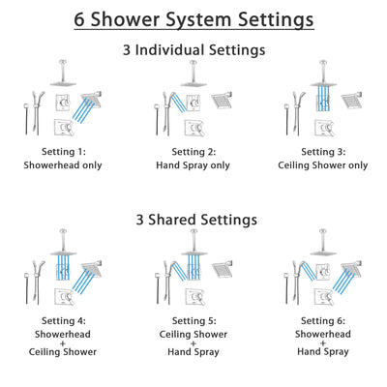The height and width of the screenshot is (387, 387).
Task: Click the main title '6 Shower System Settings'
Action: point(193,18)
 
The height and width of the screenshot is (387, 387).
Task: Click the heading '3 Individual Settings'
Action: point(193,49)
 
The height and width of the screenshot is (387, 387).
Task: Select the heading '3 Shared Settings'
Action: point(193,220)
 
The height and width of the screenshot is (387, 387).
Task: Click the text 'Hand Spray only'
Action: point(193,165)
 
